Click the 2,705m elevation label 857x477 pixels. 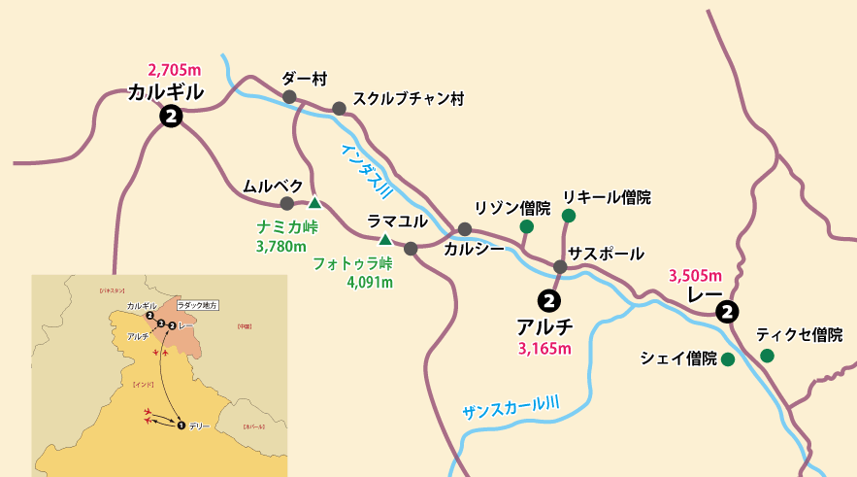tap(174, 70)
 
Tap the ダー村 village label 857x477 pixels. tap(301, 78)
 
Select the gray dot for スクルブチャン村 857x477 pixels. tap(339, 109)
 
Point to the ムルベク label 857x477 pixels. tap(274, 186)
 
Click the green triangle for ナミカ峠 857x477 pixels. tap(314, 203)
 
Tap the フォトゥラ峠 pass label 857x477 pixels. tap(352, 263)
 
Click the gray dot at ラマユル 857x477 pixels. tap(411, 249)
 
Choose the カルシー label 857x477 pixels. tap(474, 249)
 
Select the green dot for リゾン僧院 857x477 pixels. tap(526, 226)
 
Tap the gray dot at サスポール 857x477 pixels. tap(560, 266)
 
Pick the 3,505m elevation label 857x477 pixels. tap(696, 275)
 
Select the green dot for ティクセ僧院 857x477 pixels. tap(768, 356)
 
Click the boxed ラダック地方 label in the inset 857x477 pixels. tap(197, 304)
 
